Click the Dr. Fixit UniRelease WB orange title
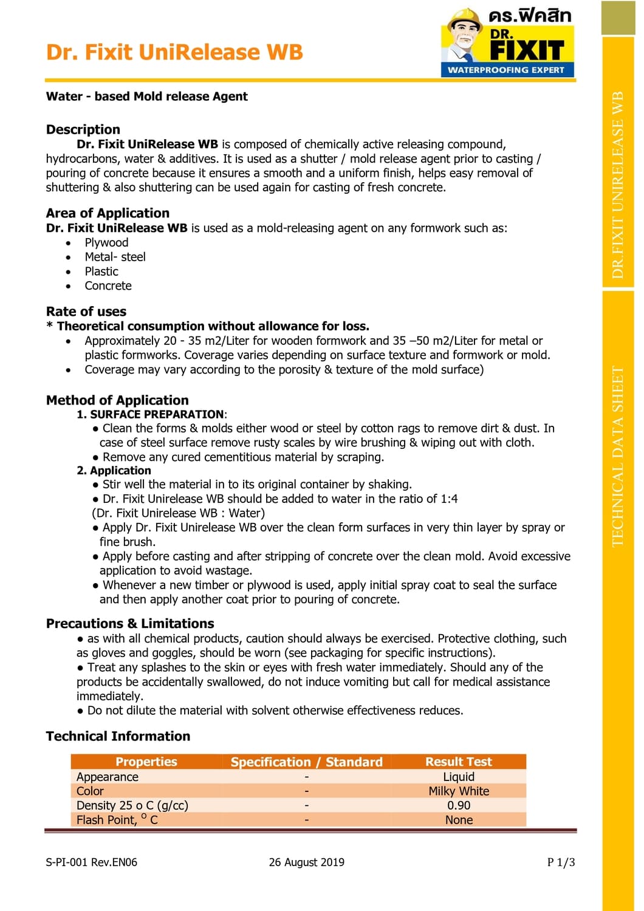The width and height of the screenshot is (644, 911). (x=174, y=52)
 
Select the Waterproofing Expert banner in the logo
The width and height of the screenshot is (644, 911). (x=506, y=70)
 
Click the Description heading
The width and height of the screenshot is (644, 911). (x=83, y=129)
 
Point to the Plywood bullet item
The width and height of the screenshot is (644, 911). (x=106, y=242)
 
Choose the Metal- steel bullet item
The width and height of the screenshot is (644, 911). (x=115, y=257)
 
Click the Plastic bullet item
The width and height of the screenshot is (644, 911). (x=101, y=271)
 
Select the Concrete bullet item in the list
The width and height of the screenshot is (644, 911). (x=108, y=286)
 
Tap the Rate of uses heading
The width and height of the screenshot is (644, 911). (x=86, y=312)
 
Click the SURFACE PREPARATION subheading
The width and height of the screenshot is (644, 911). (x=157, y=414)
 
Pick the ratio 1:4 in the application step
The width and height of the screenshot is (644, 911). (x=449, y=499)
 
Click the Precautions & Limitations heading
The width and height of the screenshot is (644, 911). (x=130, y=624)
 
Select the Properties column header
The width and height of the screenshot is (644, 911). (x=146, y=762)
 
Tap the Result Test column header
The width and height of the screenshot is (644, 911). (x=459, y=762)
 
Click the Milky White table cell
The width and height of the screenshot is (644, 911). (x=459, y=791)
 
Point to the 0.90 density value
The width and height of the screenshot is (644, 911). (x=459, y=805)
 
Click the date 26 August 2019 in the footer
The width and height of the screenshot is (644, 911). (x=307, y=862)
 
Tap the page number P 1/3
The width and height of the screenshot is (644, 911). (x=561, y=862)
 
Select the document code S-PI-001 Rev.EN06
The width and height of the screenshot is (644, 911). (x=92, y=862)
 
